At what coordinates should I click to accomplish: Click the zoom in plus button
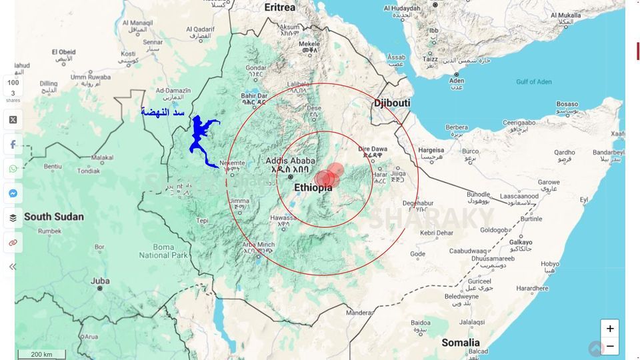pos(609,329)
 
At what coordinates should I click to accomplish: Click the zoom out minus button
pos(609,346)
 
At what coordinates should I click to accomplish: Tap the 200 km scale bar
pos(41,354)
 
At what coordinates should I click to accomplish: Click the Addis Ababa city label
pos(290,161)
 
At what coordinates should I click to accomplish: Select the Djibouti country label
pos(392,103)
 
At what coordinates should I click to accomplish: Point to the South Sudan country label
pos(54,217)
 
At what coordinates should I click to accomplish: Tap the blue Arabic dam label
pos(163,112)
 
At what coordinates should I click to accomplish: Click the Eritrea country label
pos(279,7)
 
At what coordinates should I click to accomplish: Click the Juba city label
pos(100,281)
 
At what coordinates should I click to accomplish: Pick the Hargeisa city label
pos(431,151)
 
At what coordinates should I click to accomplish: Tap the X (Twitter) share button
pos(13,120)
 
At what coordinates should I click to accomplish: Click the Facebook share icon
pos(13,145)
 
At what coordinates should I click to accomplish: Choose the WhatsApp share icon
pos(13,169)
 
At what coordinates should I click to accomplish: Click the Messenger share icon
pos(13,193)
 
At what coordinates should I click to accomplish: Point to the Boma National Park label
pos(155,251)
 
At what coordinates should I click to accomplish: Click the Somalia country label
pos(460,343)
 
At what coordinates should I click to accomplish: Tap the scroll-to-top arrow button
pos(596,349)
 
